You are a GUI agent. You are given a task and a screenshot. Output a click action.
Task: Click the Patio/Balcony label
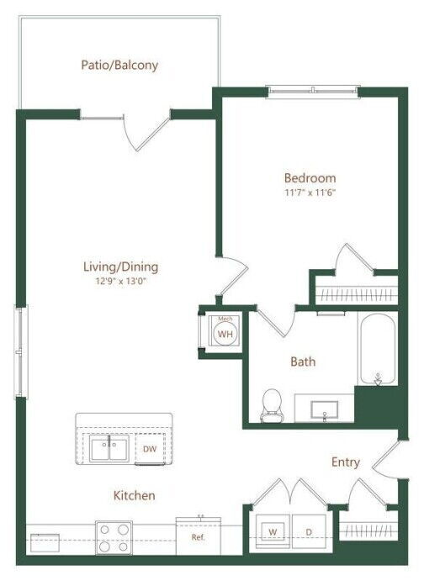[x=119, y=65]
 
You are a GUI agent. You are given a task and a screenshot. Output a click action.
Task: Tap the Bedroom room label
[x=310, y=178]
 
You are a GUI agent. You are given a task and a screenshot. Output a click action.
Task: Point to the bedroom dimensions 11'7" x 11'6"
[x=310, y=193]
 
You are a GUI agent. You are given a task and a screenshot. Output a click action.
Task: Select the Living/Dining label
[x=120, y=267]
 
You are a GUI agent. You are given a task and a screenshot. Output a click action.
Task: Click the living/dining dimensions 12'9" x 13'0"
[x=120, y=282]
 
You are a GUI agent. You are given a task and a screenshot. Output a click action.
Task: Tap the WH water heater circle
[x=225, y=334]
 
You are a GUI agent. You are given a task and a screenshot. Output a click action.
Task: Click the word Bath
[x=303, y=362]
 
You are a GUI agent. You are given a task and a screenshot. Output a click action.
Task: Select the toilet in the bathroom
[x=272, y=405]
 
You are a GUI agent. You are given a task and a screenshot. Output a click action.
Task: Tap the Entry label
[x=345, y=462]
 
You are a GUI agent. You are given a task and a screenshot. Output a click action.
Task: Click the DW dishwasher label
[x=149, y=449]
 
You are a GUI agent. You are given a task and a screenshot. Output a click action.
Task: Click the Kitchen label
[x=135, y=496]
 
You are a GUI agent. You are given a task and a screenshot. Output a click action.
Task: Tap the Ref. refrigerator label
[x=199, y=536]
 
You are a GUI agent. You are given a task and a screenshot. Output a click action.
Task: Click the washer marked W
[x=273, y=532]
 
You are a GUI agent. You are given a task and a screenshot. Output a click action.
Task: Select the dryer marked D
[x=309, y=532]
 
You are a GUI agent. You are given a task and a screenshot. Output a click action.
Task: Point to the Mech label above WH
[x=225, y=319]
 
